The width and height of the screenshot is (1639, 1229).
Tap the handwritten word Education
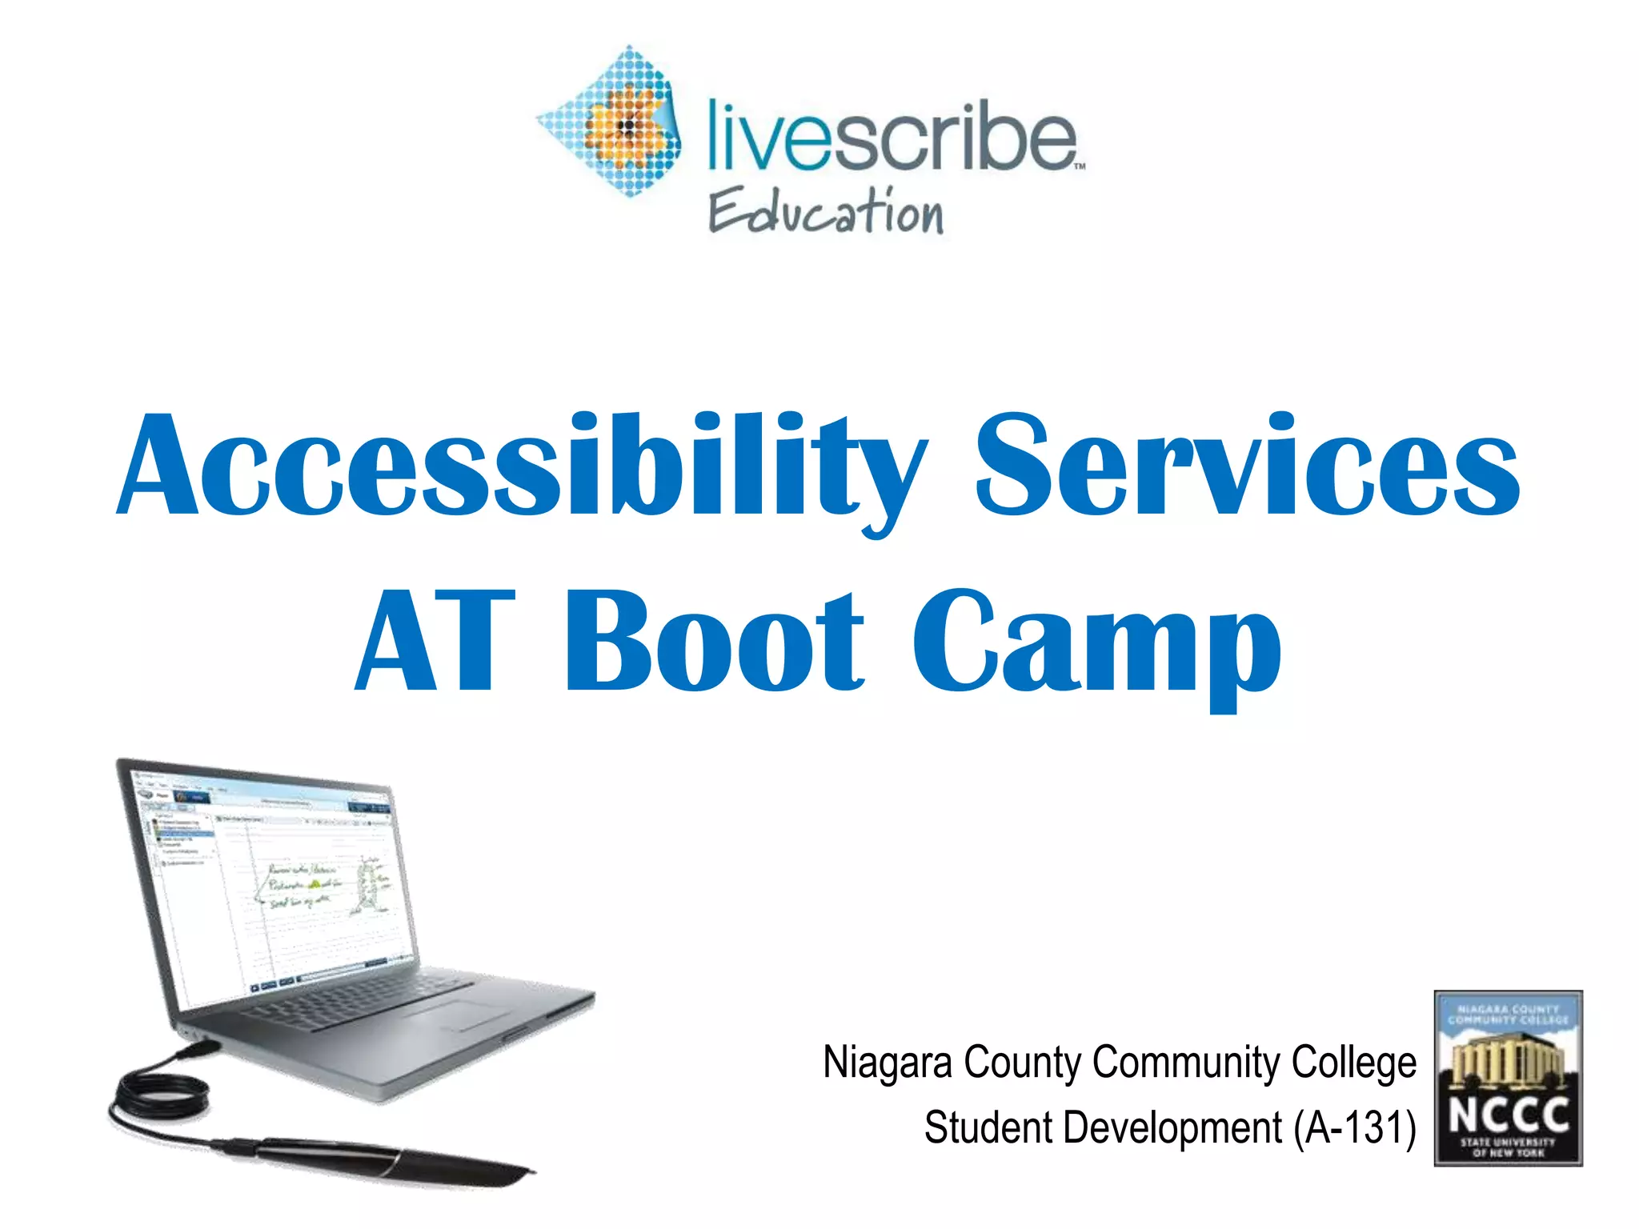pyautogui.click(x=826, y=212)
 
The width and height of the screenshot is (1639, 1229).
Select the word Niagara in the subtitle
pyautogui.click(x=888, y=1063)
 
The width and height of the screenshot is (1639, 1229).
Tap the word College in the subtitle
pyautogui.click(x=1353, y=1063)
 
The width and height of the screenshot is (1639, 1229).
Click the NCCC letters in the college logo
pyautogui.click(x=1509, y=1114)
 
